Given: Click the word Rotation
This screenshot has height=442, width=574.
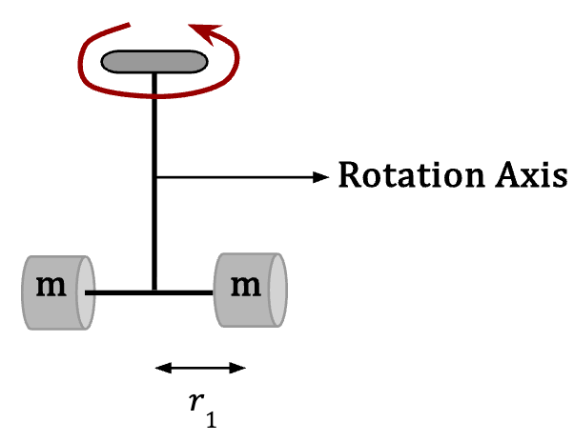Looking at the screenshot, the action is click(415, 175).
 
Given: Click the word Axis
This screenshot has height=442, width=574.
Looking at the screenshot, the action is click(532, 175).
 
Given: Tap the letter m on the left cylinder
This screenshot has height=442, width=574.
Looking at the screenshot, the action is click(51, 287).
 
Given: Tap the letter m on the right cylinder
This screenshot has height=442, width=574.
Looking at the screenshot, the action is click(246, 287).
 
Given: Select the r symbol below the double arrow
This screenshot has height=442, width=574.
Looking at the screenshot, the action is click(197, 401).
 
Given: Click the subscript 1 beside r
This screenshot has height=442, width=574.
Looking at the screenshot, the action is click(212, 419).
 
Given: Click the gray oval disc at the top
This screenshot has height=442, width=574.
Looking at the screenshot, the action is click(154, 62).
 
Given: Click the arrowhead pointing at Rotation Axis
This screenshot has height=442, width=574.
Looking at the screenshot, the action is click(321, 177).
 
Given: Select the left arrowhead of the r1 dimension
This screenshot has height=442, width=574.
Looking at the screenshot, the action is click(163, 368).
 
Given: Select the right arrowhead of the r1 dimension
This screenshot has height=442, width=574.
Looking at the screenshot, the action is click(237, 368).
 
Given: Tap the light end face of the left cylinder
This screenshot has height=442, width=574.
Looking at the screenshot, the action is click(86, 292).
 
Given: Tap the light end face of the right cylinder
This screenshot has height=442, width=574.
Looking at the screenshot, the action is click(277, 290).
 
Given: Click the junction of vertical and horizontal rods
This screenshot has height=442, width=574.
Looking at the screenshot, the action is click(154, 292).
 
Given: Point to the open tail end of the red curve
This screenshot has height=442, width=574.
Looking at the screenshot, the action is click(129, 25).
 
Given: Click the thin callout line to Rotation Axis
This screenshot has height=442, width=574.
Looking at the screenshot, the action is click(235, 177).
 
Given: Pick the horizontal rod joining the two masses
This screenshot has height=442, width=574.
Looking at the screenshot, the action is click(149, 292).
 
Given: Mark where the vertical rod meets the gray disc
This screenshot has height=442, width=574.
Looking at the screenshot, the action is click(154, 73).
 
